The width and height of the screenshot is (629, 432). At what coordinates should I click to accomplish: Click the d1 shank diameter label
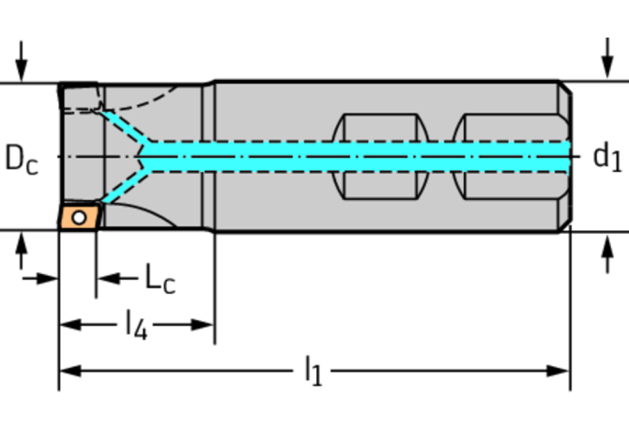tap(606, 156)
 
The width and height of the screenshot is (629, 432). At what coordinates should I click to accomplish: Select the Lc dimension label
tap(160, 278)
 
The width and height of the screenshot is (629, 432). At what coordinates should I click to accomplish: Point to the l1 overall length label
tap(313, 372)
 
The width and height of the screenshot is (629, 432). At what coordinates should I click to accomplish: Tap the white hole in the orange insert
tap(80, 218)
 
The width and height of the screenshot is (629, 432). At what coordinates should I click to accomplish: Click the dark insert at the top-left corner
tap(79, 97)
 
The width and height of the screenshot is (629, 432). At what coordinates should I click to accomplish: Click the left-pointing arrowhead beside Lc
tap(106, 278)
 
